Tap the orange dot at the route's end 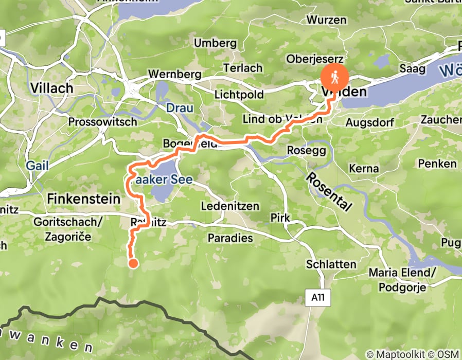[133, 264]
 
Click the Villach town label [51, 88]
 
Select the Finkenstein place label [83, 198]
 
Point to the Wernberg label [174, 74]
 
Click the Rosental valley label [330, 192]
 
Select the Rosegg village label [306, 151]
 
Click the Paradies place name [230, 238]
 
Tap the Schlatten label [331, 264]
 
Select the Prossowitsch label [103, 122]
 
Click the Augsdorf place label [369, 123]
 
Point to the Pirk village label [280, 218]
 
